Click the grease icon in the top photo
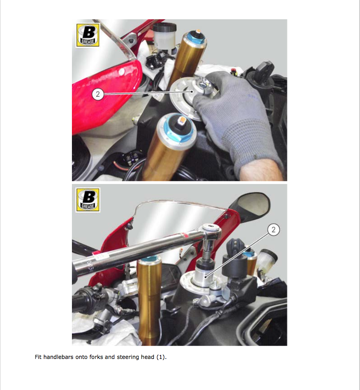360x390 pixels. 88,35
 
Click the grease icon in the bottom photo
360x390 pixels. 88,200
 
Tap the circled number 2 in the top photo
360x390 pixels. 98,94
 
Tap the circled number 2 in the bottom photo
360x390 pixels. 274,230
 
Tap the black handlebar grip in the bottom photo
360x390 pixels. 90,298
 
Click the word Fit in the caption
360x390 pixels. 38,357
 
